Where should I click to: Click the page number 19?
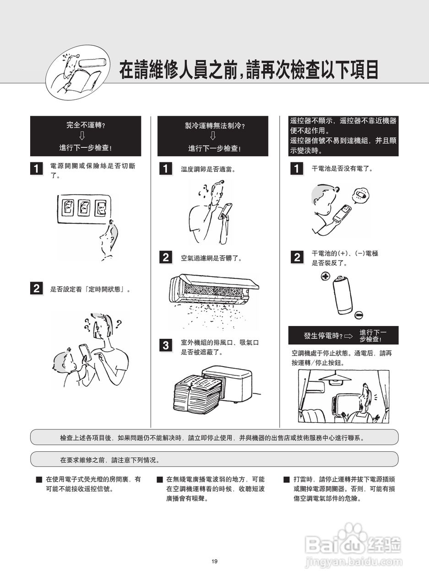click(x=214, y=561)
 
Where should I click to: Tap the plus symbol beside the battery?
click(x=326, y=276)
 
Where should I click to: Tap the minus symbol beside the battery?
click(x=359, y=315)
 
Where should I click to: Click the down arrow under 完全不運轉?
click(x=82, y=136)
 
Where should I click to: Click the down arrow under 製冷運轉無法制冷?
click(x=213, y=136)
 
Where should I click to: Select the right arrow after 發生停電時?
click(x=349, y=336)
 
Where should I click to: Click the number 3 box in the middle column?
click(x=166, y=345)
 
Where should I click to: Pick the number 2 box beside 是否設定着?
click(x=37, y=288)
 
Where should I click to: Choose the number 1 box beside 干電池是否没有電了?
click(x=297, y=168)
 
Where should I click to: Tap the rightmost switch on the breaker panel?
click(x=100, y=208)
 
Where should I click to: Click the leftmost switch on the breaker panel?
click(x=67, y=207)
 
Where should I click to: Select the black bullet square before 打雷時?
click(x=287, y=479)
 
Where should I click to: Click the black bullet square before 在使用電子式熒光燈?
click(x=39, y=479)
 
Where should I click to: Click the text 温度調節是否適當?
click(x=208, y=169)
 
